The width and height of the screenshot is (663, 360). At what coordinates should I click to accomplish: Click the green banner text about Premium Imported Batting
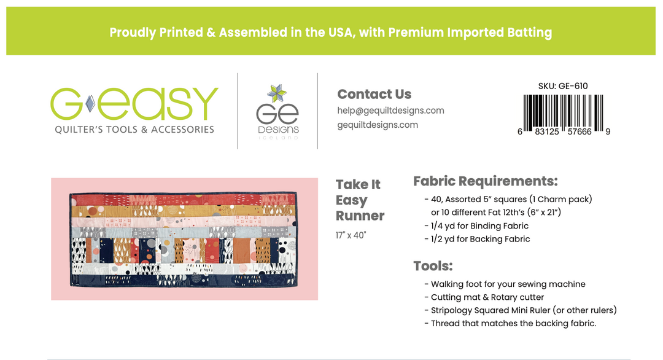pyautogui.click(x=330, y=32)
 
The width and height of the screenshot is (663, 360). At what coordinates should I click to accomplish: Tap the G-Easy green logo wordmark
pyautogui.click(x=134, y=104)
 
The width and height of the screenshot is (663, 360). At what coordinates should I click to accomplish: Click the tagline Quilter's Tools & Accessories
pyautogui.click(x=134, y=130)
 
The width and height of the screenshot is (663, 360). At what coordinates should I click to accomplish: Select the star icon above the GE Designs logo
pyautogui.click(x=277, y=94)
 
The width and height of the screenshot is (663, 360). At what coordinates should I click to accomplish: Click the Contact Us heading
pyautogui.click(x=374, y=94)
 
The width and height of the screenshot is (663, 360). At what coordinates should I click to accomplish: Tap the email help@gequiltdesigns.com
pyautogui.click(x=390, y=111)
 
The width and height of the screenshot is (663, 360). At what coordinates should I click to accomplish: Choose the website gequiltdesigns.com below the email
pyautogui.click(x=378, y=125)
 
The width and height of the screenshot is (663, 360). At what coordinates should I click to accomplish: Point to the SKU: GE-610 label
pyautogui.click(x=562, y=86)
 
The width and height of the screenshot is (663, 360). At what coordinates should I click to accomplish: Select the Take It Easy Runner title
pyautogui.click(x=360, y=200)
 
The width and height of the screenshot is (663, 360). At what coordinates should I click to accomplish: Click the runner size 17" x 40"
pyautogui.click(x=351, y=235)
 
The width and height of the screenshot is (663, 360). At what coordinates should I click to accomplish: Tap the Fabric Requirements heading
pyautogui.click(x=485, y=181)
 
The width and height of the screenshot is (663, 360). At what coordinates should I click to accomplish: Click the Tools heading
pyautogui.click(x=433, y=266)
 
